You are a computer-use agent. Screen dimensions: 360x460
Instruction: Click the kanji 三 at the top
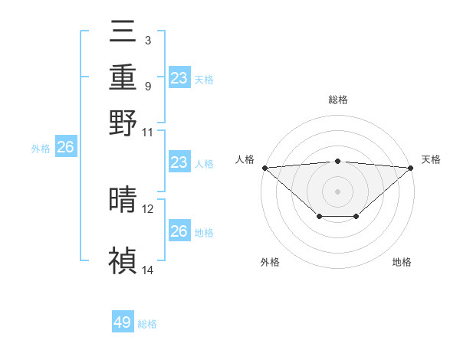123,33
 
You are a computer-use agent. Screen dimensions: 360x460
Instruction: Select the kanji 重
123,77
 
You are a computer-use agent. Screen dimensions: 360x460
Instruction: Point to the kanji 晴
123,200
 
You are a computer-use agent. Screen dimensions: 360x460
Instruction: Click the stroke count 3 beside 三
147,39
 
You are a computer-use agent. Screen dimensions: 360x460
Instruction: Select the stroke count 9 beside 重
147,85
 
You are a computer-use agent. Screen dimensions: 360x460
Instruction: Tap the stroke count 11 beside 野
148,132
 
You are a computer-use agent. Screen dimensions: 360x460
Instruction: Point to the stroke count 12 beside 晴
148,208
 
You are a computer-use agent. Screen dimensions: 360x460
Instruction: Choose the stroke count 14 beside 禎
148,270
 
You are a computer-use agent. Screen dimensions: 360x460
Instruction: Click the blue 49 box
123,322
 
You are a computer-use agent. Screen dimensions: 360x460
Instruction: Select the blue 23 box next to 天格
179,78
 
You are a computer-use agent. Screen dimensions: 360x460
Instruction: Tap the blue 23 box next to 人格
179,162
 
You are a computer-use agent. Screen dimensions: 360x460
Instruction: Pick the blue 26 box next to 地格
179,231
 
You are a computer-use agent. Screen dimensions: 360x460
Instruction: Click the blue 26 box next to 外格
65,148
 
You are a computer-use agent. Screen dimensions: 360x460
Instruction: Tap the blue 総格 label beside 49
147,324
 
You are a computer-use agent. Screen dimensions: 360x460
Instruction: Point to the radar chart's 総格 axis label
337,100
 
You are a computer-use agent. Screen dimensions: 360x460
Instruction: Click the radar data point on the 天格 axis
412,168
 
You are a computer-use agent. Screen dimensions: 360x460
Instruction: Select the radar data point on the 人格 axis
264,168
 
